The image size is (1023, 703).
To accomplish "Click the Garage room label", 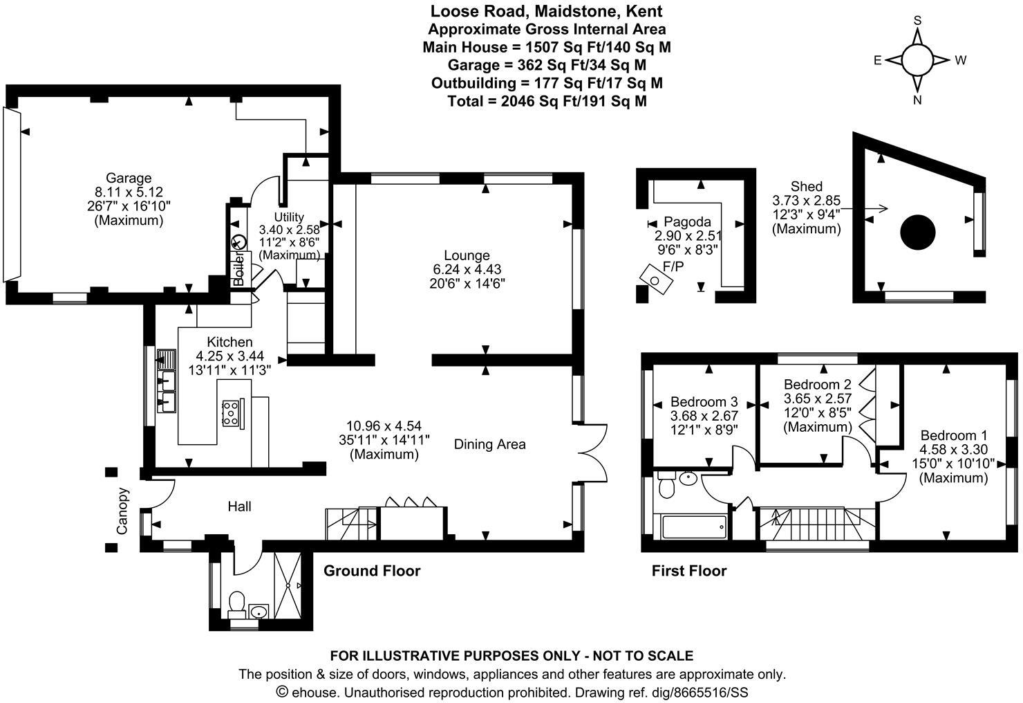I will tap(128, 178).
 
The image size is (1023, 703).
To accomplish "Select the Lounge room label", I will tap(467, 255).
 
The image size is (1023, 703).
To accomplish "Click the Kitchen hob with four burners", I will tap(230, 413).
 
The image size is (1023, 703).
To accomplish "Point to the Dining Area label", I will tap(489, 444).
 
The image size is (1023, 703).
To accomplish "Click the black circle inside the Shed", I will tap(918, 232).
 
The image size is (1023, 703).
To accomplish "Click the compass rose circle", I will tap(917, 60).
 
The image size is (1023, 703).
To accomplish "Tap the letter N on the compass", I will tap(917, 100).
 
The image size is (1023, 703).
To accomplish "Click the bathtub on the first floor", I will tap(693, 528).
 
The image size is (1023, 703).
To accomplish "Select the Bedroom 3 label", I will tap(704, 401).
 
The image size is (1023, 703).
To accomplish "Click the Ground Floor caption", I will tap(372, 571).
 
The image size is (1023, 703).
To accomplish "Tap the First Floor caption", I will tap(689, 571).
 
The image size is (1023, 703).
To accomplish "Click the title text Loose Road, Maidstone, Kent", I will tap(546, 11).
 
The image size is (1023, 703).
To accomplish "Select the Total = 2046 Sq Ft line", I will tap(546, 101).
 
